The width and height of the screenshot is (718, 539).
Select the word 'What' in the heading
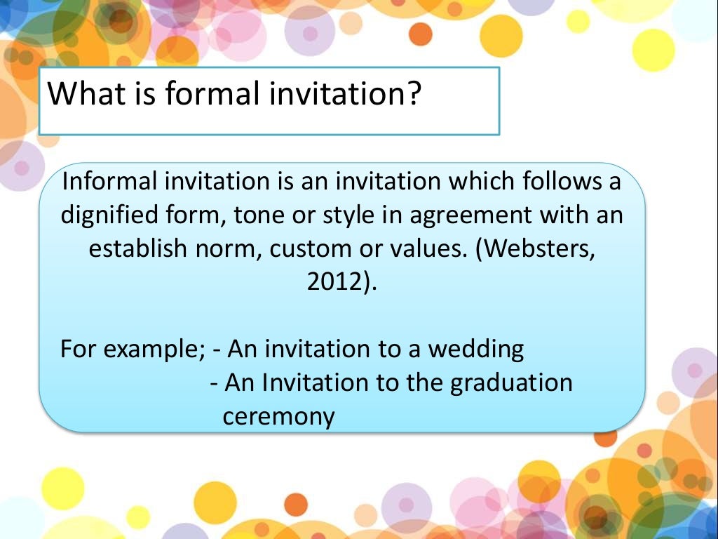coord(80,93)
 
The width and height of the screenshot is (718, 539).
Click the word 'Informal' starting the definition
coord(109,182)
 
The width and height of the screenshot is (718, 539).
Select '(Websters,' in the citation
coord(536,248)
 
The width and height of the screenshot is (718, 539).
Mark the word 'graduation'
coord(510,382)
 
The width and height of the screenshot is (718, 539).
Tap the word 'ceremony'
coord(278,417)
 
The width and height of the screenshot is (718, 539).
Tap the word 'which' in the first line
coord(477,182)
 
